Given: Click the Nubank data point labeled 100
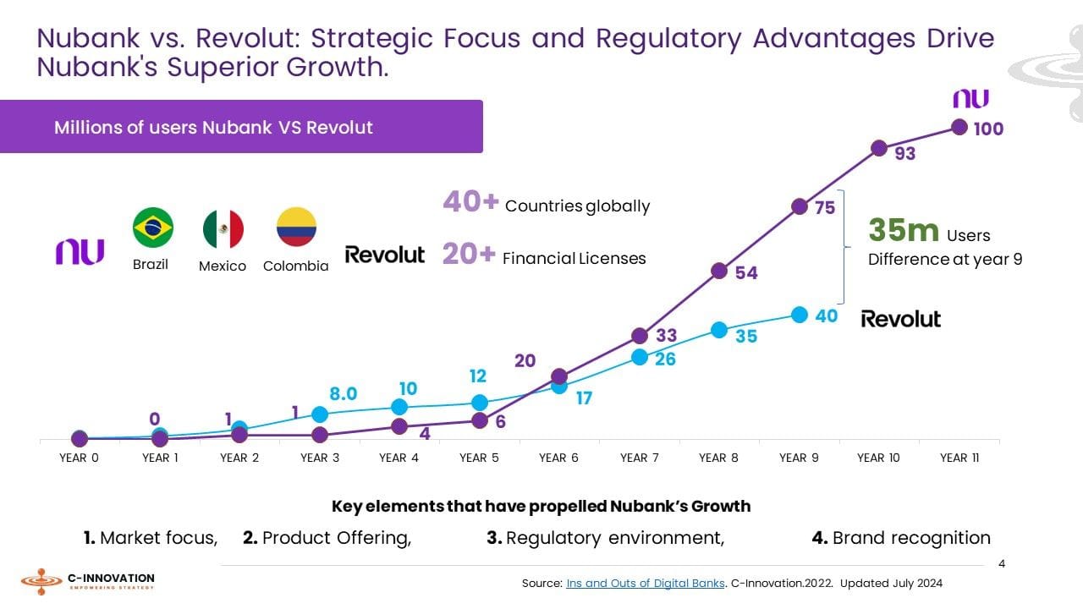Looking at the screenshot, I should (959, 127).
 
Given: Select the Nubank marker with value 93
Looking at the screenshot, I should (879, 149).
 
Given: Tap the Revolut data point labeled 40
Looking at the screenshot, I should (800, 315).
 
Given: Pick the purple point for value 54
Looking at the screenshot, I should (719, 271).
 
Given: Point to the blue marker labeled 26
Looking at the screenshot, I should (640, 357).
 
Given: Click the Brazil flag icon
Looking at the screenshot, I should (153, 228).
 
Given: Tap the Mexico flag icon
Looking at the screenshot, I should (223, 229).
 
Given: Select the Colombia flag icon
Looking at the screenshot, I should (296, 227).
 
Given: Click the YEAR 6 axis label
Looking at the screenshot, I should (558, 458).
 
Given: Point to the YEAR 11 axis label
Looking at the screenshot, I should (959, 458).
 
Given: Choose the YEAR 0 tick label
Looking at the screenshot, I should (80, 458).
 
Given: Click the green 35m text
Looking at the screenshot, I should (904, 230).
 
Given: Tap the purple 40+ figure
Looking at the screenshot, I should (470, 202).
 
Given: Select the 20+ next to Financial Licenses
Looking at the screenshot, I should (469, 255).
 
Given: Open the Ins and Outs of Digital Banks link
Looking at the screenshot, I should (645, 583).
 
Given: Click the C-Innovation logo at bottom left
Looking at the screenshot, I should (88, 581).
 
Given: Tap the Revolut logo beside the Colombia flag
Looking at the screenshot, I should (385, 255).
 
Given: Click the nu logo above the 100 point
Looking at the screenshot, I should (970, 98).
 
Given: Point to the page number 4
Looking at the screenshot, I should (1002, 563).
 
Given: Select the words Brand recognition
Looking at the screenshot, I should (910, 538).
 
